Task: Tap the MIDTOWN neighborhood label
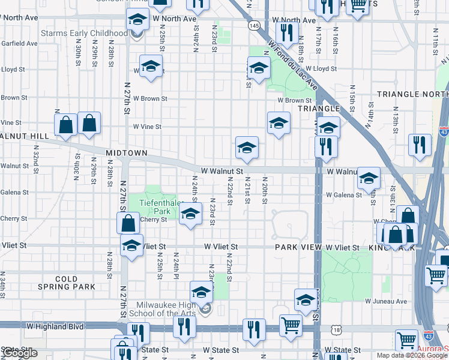(127, 154)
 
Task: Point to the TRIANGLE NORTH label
(412, 94)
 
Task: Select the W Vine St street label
(148, 127)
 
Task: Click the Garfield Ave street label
(19, 43)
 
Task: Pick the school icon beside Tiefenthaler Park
(190, 214)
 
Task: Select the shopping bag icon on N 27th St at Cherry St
(128, 223)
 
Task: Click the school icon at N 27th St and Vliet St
(131, 245)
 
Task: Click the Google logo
(19, 353)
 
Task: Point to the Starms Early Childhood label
(84, 33)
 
